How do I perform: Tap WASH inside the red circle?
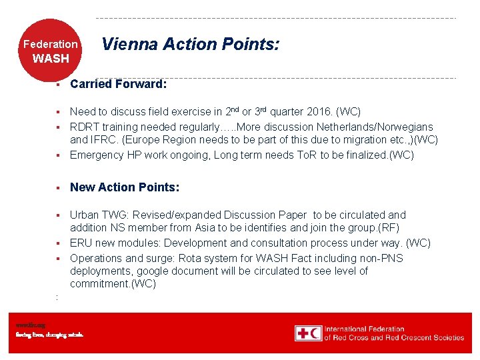(x=51, y=59)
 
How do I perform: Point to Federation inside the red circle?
(x=51, y=45)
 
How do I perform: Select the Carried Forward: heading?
(x=118, y=84)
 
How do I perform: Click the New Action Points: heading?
(x=125, y=187)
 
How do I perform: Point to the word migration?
(x=370, y=140)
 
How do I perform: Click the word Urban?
(x=85, y=215)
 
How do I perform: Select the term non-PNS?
(x=381, y=258)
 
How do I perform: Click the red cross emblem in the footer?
(x=303, y=333)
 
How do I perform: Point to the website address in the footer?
(x=31, y=325)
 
